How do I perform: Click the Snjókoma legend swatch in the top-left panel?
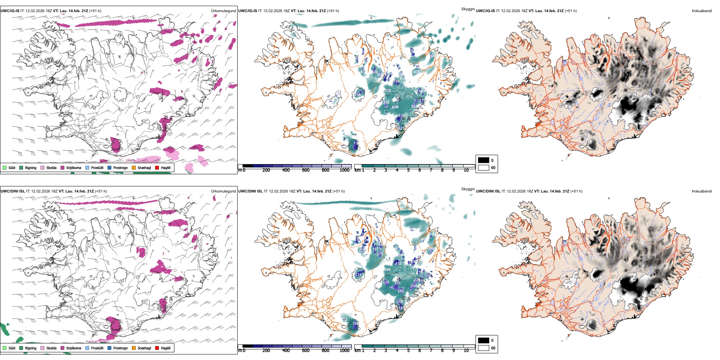(x=63, y=167)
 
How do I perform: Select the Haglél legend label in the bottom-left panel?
(x=166, y=348)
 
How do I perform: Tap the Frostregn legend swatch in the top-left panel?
(x=110, y=167)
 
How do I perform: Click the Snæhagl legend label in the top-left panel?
(x=144, y=167)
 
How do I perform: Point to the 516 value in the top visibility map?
(x=395, y=107)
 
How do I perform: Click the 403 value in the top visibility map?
(x=416, y=72)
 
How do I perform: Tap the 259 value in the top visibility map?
(x=388, y=91)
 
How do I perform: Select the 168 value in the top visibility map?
(x=358, y=94)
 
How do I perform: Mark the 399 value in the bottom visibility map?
(x=387, y=270)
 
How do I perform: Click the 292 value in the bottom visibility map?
(x=401, y=291)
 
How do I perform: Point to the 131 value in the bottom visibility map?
(x=358, y=275)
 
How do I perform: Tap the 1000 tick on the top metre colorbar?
(x=344, y=170)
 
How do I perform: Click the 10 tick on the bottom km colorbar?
(x=466, y=351)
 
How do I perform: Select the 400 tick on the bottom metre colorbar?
(x=286, y=351)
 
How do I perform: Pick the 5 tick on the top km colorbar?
(x=408, y=170)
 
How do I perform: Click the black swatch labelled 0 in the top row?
(x=484, y=160)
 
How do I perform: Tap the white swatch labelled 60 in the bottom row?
(x=484, y=348)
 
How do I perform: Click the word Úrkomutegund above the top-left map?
(x=223, y=11)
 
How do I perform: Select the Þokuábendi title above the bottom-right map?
(x=702, y=191)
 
